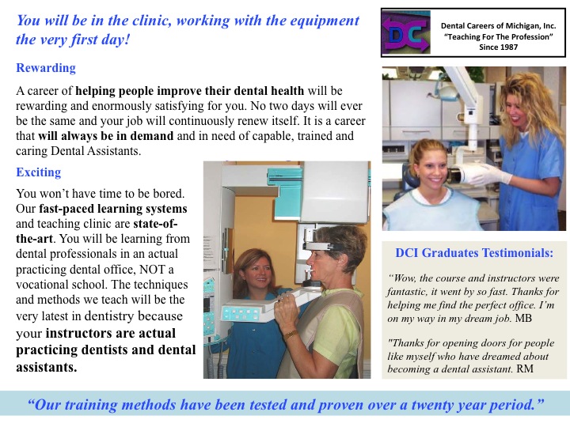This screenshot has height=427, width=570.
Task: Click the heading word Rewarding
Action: coord(46,68)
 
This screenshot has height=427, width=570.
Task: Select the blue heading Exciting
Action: coord(38,172)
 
